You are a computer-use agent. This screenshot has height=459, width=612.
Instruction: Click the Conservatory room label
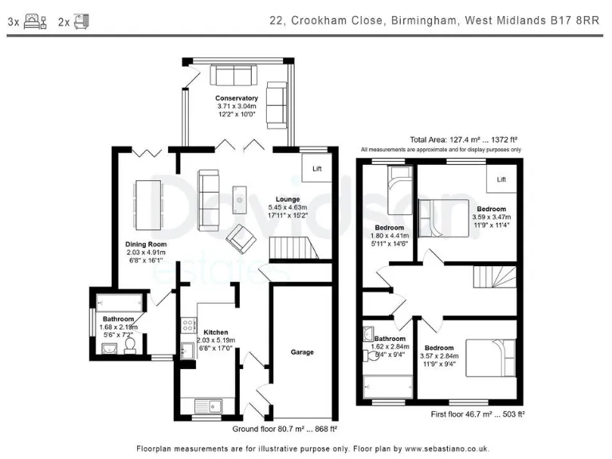tap(236, 98)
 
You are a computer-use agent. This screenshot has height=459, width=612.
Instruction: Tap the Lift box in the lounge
tap(316, 168)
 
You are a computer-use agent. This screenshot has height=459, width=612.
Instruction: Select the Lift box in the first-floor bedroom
tap(501, 179)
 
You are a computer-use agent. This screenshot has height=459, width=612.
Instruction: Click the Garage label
tap(302, 351)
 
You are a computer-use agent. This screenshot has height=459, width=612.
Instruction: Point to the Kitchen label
tap(215, 332)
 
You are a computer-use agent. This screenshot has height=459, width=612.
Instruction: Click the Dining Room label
tap(145, 244)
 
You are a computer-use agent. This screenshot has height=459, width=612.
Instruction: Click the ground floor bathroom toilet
tap(131, 345)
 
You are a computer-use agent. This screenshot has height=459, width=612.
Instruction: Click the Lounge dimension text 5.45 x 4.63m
tap(288, 208)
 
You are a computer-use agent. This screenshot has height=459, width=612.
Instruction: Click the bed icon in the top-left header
tap(33, 22)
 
